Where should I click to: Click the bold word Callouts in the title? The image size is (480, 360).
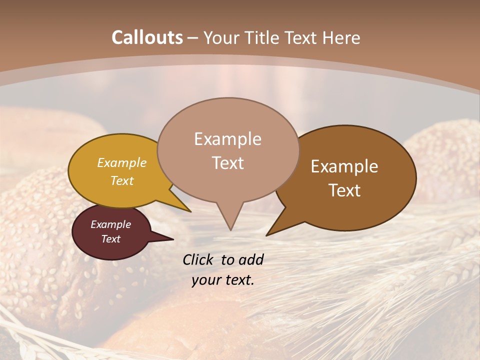point(147,37)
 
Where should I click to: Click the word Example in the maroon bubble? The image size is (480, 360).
point(110,224)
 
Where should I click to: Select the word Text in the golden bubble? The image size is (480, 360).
point(122,180)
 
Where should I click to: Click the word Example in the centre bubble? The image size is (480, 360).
point(227,139)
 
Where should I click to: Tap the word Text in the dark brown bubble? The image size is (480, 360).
point(345,190)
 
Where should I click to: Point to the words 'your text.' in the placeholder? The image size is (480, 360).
point(222,280)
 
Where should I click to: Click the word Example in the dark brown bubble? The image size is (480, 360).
point(344,166)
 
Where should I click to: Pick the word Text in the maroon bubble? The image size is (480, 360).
point(111,239)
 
